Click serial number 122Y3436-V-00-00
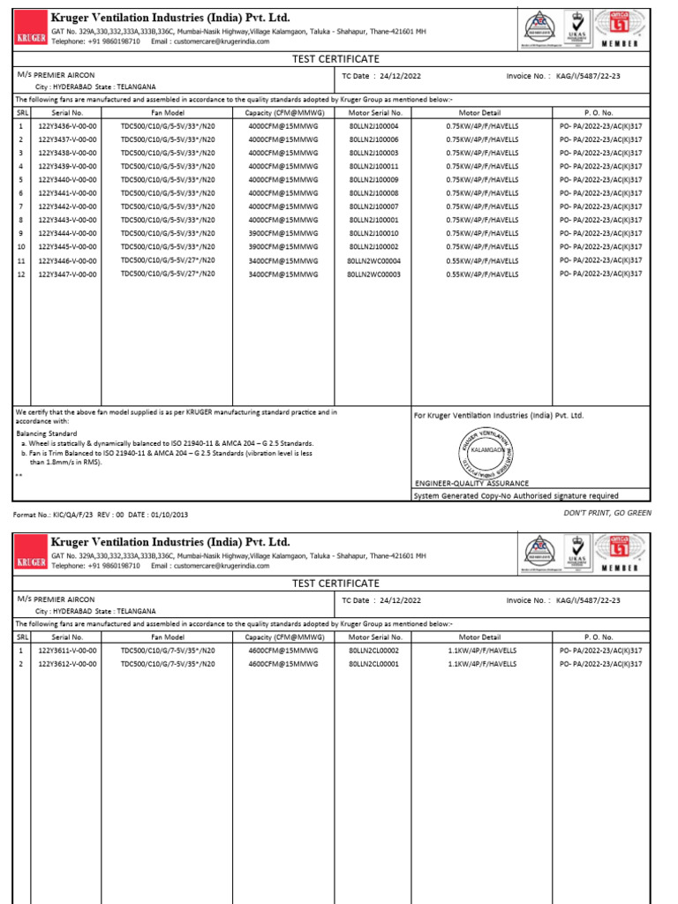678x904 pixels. [x=67, y=126]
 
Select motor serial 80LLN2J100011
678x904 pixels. [x=373, y=166]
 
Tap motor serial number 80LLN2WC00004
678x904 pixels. [x=373, y=261]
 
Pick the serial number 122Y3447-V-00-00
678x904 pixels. [x=67, y=275]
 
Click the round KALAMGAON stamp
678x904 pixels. [x=486, y=450]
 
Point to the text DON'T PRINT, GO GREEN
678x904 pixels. [x=607, y=512]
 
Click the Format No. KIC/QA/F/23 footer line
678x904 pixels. [x=100, y=514]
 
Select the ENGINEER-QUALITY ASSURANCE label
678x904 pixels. [x=472, y=484]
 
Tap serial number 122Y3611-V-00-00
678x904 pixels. [x=67, y=650]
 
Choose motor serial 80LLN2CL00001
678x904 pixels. [x=373, y=663]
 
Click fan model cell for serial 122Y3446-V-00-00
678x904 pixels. [x=168, y=261]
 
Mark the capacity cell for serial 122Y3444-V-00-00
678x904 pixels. [x=282, y=233]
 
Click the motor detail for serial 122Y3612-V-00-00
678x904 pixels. [x=483, y=663]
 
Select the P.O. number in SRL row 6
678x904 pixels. [x=601, y=193]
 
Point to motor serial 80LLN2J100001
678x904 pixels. [x=373, y=220]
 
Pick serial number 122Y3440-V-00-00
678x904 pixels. [x=67, y=180]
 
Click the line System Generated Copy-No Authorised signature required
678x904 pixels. [x=516, y=495]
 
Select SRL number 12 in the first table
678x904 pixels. [x=21, y=275]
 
